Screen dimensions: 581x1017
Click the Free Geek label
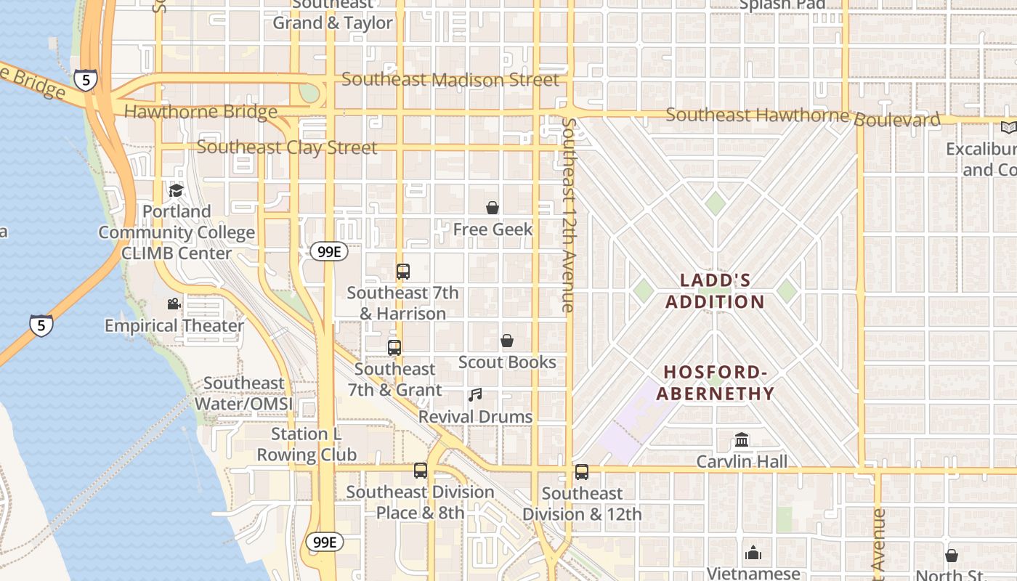[x=493, y=229]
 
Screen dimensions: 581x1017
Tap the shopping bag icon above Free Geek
[x=493, y=208]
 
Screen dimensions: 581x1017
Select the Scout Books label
[x=507, y=362]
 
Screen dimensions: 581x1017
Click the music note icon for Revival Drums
[x=475, y=395]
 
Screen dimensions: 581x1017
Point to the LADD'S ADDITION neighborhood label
[x=716, y=291]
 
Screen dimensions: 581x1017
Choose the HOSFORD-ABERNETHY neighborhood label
[x=716, y=383]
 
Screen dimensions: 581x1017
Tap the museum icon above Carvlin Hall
[x=742, y=439]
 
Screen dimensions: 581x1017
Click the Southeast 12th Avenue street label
[x=569, y=215]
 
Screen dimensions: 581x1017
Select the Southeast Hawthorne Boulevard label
[x=803, y=116]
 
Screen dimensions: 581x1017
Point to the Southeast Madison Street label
[x=450, y=80]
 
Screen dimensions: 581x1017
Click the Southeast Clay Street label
[x=287, y=147]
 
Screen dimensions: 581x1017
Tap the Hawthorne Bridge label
[x=200, y=112]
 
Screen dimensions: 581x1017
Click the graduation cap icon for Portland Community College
[x=176, y=190]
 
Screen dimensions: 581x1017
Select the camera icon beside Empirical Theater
[x=174, y=304]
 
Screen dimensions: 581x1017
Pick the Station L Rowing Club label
[x=307, y=444]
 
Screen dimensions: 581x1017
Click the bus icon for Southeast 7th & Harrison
[x=403, y=272]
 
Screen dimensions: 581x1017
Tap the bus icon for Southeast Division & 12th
[x=582, y=472]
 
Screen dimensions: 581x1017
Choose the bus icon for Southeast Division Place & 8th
[x=421, y=471]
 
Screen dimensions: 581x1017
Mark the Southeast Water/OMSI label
[x=244, y=393]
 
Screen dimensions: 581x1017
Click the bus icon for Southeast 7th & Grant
[x=394, y=347]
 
